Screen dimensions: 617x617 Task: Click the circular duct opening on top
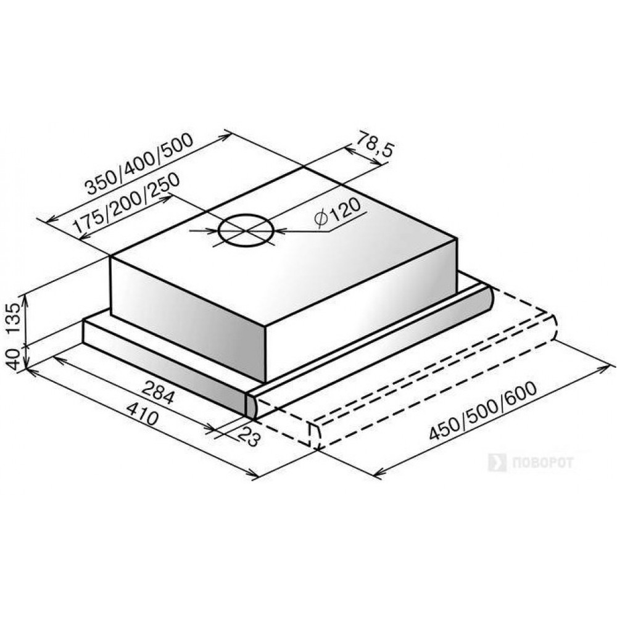[246, 231]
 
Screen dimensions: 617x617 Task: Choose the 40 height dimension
[14, 359]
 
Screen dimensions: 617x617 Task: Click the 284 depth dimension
[157, 392]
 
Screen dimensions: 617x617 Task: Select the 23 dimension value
[251, 435]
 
